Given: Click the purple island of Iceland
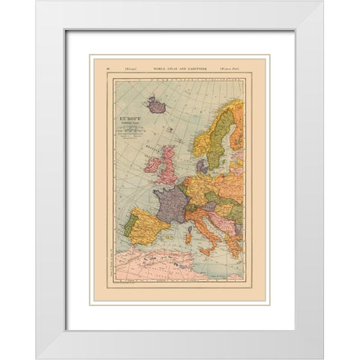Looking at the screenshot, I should pos(157,106).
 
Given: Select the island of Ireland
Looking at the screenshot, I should pos(152,164).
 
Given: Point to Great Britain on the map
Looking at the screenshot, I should pos(168,161).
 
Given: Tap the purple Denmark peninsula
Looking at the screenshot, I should pos(200,166).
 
